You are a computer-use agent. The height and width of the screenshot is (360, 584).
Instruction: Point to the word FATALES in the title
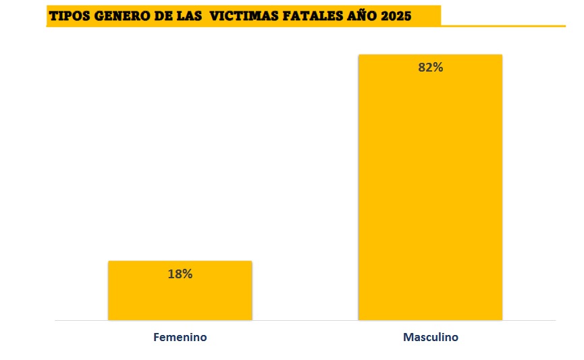(x=307, y=16)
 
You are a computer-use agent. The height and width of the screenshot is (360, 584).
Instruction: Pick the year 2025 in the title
(x=396, y=16)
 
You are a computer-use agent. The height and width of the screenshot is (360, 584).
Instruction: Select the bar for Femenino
(x=180, y=297)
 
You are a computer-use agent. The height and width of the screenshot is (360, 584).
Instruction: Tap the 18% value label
(x=180, y=274)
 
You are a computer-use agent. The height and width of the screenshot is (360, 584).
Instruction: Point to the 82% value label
(x=431, y=68)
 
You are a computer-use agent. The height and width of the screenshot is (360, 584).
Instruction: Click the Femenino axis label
(x=180, y=337)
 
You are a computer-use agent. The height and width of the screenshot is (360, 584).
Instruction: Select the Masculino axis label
(x=430, y=337)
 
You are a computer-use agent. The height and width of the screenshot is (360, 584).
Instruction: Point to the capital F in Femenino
(x=156, y=337)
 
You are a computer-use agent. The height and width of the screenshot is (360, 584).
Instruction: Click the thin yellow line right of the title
(x=503, y=26)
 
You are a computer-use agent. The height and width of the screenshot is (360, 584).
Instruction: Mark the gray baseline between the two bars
(x=304, y=319)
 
